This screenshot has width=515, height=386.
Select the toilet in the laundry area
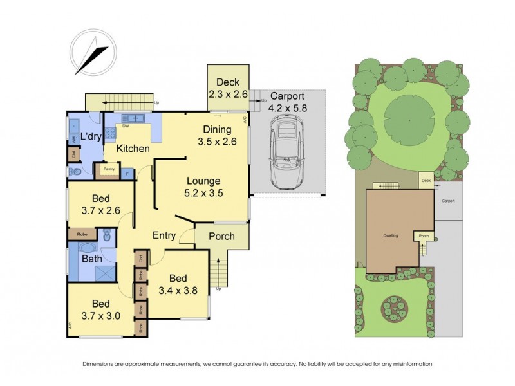75,172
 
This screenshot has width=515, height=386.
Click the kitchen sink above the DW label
135,118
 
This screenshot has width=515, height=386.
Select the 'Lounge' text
203,181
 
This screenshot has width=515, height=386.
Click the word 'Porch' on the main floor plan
221,236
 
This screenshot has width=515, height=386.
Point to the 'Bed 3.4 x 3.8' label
178,284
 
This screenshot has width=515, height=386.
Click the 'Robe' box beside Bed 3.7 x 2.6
82,235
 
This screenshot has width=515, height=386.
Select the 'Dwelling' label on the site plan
389,235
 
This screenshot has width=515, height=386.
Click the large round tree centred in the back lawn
408,120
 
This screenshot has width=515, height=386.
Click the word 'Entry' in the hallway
164,235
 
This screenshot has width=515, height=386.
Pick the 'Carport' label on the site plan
448,201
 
